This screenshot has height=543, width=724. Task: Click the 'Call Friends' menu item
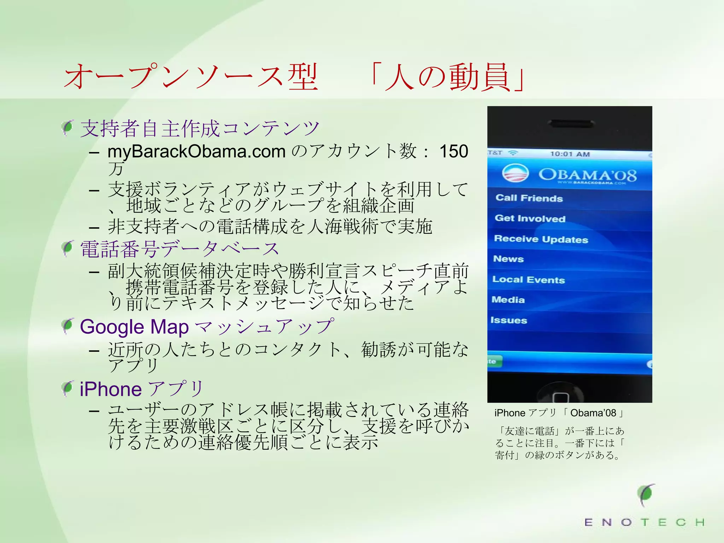click(529, 198)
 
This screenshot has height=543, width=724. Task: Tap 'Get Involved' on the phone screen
click(530, 218)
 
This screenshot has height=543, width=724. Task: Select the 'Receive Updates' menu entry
click(541, 239)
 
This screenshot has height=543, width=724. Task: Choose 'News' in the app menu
click(508, 259)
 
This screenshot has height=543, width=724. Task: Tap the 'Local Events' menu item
click(529, 280)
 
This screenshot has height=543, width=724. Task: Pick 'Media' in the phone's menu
click(508, 300)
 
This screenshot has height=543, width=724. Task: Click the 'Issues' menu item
click(509, 320)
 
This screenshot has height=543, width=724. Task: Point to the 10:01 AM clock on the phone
click(570, 154)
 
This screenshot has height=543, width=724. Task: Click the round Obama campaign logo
click(515, 173)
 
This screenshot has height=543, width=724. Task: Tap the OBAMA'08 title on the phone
click(587, 174)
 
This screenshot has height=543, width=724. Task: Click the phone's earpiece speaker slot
click(570, 123)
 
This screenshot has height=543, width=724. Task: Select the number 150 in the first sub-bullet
click(454, 151)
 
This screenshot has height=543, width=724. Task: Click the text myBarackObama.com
click(197, 151)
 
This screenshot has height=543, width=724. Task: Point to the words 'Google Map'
click(134, 327)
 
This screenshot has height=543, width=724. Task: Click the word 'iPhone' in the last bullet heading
click(111, 389)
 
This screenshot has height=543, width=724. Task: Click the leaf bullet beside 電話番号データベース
click(67, 249)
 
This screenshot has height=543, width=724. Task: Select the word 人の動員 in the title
click(448, 77)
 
